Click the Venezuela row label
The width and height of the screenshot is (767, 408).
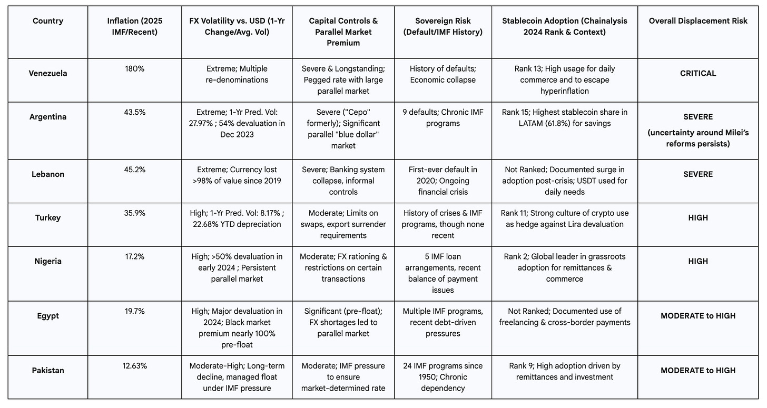[x=47, y=73]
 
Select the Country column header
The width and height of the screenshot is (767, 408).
[x=47, y=21]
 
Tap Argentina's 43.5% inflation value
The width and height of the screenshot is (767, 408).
[x=134, y=112]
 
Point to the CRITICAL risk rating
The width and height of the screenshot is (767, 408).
[x=698, y=73]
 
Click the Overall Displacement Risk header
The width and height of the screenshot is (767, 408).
[x=698, y=21]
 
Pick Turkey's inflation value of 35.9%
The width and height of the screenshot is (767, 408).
[x=134, y=213]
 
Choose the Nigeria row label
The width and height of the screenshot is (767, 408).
[x=47, y=261]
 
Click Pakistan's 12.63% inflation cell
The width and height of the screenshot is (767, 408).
[x=134, y=366]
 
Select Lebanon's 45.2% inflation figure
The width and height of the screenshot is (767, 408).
[x=134, y=170]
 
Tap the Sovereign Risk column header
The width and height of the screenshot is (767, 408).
[x=442, y=26]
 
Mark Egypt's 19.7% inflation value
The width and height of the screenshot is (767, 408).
[x=134, y=311]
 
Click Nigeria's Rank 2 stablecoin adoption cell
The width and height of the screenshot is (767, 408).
[x=564, y=267]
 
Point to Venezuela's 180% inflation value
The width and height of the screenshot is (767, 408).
[x=134, y=68]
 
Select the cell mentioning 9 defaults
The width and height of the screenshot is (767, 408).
[x=442, y=117]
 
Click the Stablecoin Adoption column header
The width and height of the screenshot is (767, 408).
[x=564, y=26]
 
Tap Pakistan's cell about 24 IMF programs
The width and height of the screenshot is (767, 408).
[x=442, y=376]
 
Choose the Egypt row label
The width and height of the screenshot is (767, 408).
[x=47, y=316]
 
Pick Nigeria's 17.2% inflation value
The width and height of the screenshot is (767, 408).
[x=134, y=256]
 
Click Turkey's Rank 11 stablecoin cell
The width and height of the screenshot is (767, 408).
[x=564, y=218]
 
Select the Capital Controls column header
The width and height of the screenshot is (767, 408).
[x=343, y=32]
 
